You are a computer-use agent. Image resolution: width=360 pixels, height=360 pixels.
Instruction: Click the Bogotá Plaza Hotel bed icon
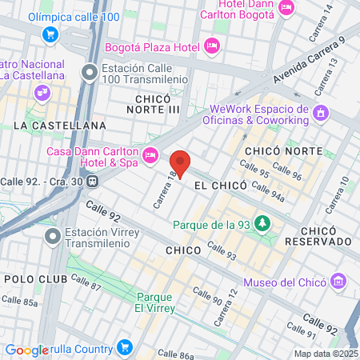(x=211, y=46)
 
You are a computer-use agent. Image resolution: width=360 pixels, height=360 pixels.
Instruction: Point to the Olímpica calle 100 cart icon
(x=50, y=34)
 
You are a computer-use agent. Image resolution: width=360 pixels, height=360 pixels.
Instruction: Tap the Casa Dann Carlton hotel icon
(x=150, y=154)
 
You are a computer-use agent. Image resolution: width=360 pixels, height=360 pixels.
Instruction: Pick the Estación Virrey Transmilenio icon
(x=54, y=236)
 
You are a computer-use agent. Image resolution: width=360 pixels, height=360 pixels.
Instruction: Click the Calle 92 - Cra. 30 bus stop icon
(x=94, y=180)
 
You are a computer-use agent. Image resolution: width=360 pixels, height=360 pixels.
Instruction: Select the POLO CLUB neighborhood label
(x=30, y=278)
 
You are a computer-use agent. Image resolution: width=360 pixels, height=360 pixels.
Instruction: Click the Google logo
(x=27, y=350)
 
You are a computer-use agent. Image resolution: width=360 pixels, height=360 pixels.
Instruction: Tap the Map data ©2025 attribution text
(x=325, y=354)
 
